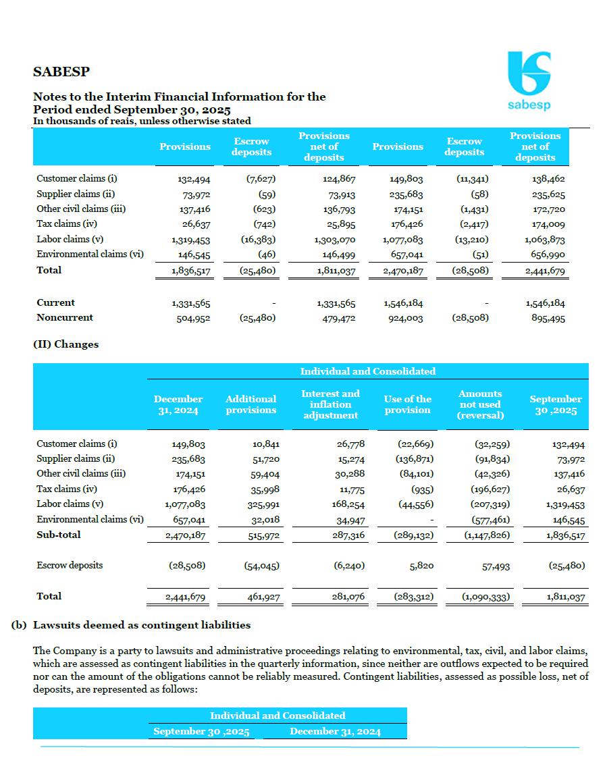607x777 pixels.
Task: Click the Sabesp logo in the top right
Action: click(529, 80)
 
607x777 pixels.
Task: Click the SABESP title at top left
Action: click(61, 72)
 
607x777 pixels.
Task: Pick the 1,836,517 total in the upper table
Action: click(190, 271)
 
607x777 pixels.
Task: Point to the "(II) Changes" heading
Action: click(65, 344)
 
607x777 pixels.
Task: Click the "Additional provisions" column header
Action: click(250, 404)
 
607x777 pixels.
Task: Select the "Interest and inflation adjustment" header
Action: click(330, 404)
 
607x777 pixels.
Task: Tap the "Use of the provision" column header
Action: click(407, 404)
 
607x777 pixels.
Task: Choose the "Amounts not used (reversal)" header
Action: click(480, 404)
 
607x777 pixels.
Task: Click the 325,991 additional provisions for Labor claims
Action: click(263, 504)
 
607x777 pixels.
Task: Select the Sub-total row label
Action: click(58, 535)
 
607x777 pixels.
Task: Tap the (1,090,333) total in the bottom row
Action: click(485, 597)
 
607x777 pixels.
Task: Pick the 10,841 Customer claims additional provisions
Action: click(264, 444)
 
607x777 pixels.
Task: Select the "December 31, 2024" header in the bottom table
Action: click(335, 732)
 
